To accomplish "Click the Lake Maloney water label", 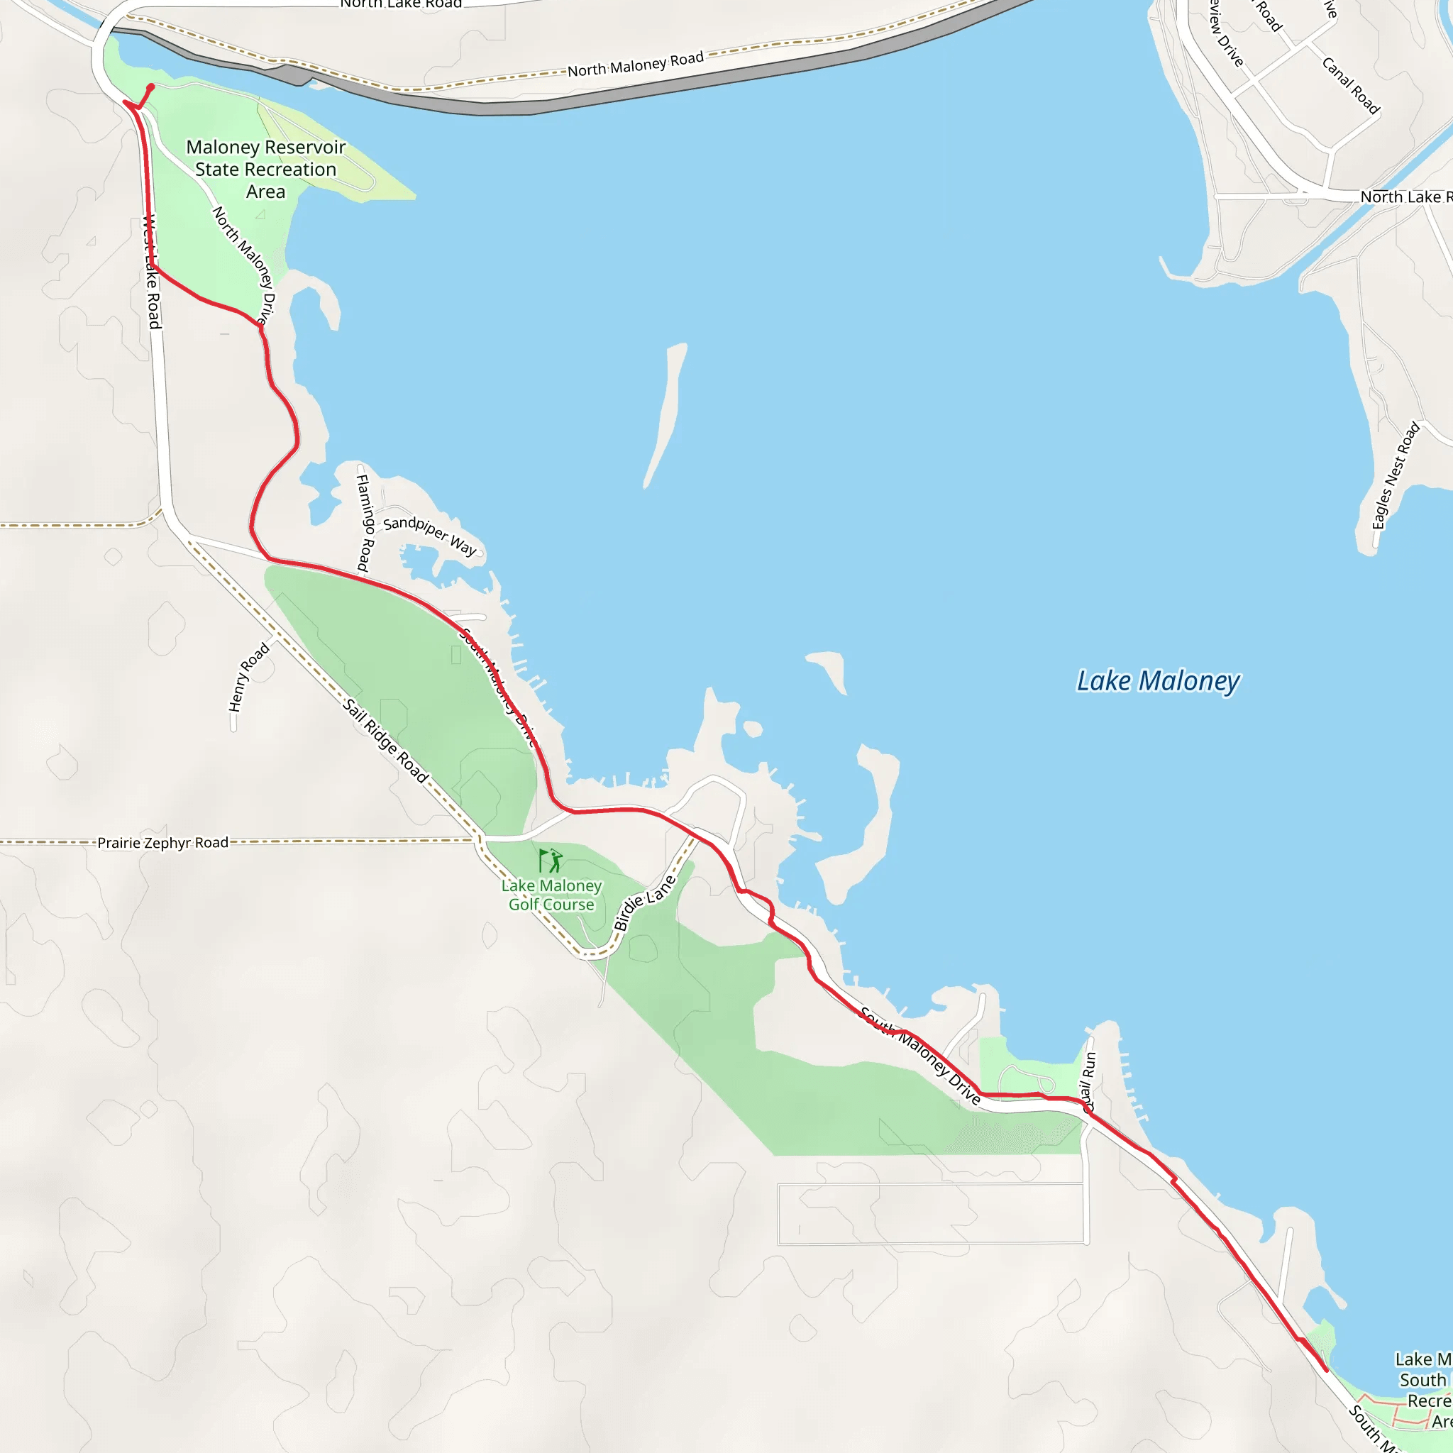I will click(x=1157, y=680).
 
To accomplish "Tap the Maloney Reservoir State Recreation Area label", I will click(x=265, y=170).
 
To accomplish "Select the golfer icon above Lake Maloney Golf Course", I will click(x=551, y=860).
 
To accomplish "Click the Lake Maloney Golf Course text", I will click(x=551, y=895).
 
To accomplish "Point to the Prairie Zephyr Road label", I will click(x=162, y=842).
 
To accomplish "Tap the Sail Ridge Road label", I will click(x=386, y=741).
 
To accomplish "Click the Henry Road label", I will click(x=248, y=677).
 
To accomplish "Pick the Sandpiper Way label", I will click(x=429, y=535).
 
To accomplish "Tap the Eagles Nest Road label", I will click(x=1395, y=475).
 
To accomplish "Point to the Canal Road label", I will click(x=1351, y=86).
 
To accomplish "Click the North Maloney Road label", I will click(x=636, y=65).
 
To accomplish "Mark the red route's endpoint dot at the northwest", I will click(x=151, y=87).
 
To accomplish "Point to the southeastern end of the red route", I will click(x=1325, y=1370).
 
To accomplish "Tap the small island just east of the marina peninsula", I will click(x=753, y=728).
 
